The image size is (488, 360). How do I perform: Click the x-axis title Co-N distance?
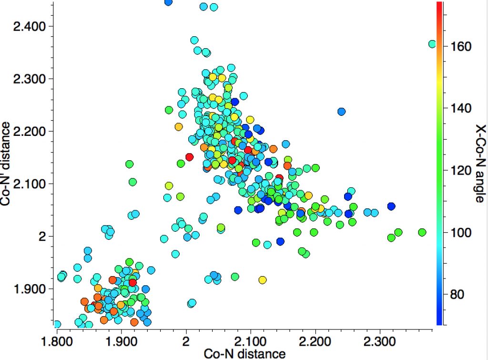(x=244, y=353)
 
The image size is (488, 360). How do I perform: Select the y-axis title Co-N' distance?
(x=7, y=164)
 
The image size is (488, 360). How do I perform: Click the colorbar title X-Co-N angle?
(x=479, y=164)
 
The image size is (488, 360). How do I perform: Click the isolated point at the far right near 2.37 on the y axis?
(x=432, y=44)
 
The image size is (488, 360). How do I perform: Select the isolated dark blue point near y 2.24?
(x=341, y=112)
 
